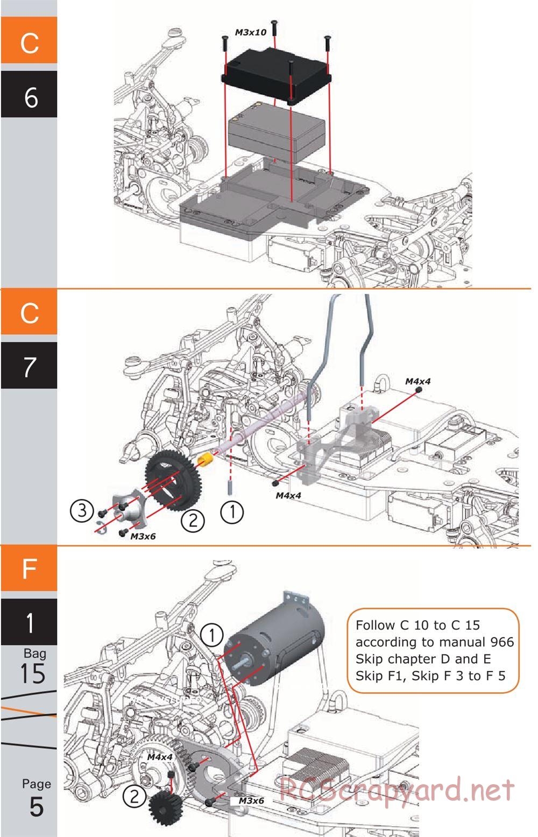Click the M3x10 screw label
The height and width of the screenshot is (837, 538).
(250, 32)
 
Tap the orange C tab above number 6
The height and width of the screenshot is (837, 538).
(29, 40)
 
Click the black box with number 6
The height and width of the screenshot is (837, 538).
(29, 95)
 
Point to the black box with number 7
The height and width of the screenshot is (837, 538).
(29, 365)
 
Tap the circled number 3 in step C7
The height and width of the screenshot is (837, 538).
(82, 510)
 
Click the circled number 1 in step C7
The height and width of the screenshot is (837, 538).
(232, 511)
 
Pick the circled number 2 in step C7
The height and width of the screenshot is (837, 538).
(193, 521)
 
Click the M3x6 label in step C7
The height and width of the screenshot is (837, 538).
(143, 536)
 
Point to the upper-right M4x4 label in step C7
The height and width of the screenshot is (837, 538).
(417, 381)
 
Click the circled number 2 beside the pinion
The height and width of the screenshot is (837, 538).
(134, 796)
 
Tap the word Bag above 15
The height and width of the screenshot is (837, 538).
(34, 653)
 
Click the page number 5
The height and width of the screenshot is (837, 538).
(36, 806)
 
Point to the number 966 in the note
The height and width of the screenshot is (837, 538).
(501, 642)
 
